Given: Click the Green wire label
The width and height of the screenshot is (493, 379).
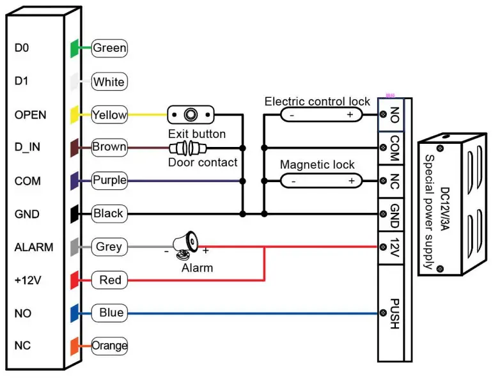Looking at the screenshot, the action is pyautogui.click(x=109, y=48).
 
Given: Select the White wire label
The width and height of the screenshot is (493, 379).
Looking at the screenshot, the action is pyautogui.click(x=109, y=82).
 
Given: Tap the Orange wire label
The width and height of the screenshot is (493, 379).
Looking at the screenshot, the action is pyautogui.click(x=109, y=346).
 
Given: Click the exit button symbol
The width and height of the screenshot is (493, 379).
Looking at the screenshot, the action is pyautogui.click(x=191, y=114).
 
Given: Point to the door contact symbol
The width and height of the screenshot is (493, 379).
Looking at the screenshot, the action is pyautogui.click(x=188, y=148).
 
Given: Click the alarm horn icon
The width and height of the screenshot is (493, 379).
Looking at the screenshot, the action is pyautogui.click(x=185, y=245).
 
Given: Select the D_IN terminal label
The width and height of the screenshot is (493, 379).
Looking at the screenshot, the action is pyautogui.click(x=27, y=147).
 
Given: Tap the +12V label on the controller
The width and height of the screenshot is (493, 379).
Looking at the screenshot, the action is pyautogui.click(x=27, y=280).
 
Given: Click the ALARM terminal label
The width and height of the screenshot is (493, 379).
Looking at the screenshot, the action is pyautogui.click(x=34, y=247).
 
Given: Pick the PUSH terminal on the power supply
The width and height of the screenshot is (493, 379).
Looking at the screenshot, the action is pyautogui.click(x=391, y=313).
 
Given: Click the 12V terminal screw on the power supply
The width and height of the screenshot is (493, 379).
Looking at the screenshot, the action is pyautogui.click(x=383, y=247).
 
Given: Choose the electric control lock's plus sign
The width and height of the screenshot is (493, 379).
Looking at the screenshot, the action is pyautogui.click(x=350, y=114).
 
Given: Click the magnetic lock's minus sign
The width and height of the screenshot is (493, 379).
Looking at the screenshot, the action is pyautogui.click(x=293, y=182).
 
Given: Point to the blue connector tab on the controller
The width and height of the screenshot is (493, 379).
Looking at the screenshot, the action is pyautogui.click(x=75, y=313).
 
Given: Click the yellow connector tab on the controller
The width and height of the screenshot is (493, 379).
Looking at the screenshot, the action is pyautogui.click(x=75, y=114).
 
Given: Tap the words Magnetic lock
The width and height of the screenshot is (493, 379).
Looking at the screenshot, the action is pyautogui.click(x=317, y=165).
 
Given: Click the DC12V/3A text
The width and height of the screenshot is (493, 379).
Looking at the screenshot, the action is pyautogui.click(x=445, y=209).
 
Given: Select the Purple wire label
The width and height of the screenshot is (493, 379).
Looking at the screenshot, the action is pyautogui.click(x=109, y=180).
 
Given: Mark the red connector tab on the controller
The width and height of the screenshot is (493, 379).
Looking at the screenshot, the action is pyautogui.click(x=75, y=280).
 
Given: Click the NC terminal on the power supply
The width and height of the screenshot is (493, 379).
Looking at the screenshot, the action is pyautogui.click(x=391, y=182).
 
